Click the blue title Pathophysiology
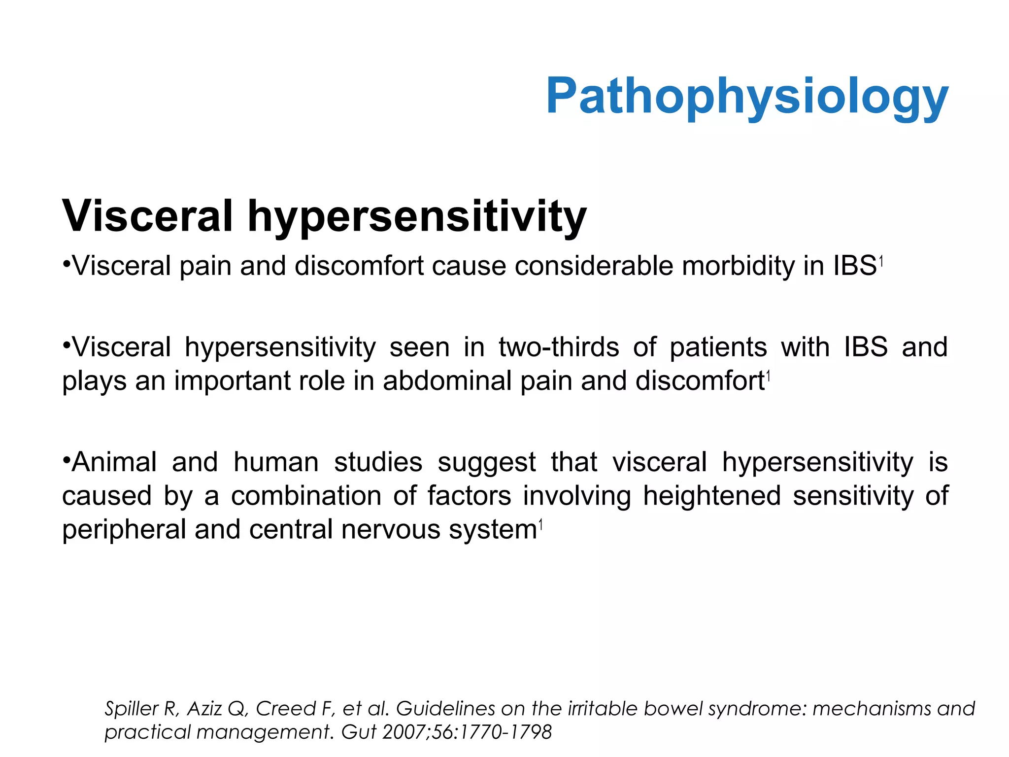[x=747, y=97]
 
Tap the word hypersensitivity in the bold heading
[x=417, y=217]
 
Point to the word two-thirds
[x=558, y=347]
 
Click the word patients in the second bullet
[x=718, y=347]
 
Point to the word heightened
[x=712, y=496]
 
